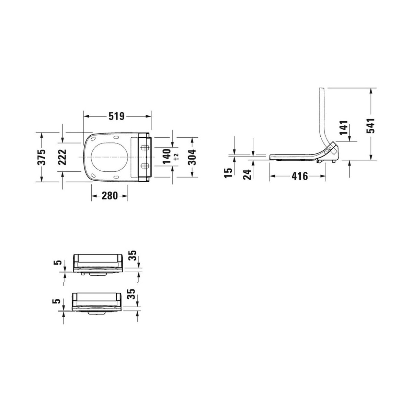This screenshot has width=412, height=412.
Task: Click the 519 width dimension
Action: (x=116, y=116)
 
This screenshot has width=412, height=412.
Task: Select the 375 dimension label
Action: (x=42, y=157)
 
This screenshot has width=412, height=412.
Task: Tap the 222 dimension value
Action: (x=62, y=157)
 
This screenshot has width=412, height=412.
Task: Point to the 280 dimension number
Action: (x=110, y=195)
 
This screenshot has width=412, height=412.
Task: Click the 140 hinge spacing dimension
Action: (x=167, y=157)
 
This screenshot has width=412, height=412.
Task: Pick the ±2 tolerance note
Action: (x=176, y=157)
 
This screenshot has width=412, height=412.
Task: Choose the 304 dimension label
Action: (x=192, y=157)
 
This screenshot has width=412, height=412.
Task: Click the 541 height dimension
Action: (x=370, y=126)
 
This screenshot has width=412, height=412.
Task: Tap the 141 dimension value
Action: (x=344, y=128)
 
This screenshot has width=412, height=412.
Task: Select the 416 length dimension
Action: (x=300, y=176)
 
